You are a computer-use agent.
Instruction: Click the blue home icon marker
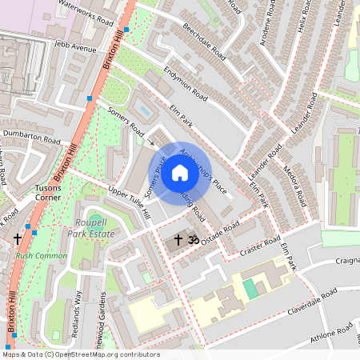[180, 172]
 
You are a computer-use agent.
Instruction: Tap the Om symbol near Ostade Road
[192, 238]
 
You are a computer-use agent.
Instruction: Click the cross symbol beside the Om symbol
[178, 238]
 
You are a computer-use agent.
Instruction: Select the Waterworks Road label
[86, 14]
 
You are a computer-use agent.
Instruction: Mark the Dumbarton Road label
[31, 137]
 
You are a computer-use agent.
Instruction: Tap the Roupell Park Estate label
[91, 228]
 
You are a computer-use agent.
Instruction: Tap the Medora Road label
[296, 186]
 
